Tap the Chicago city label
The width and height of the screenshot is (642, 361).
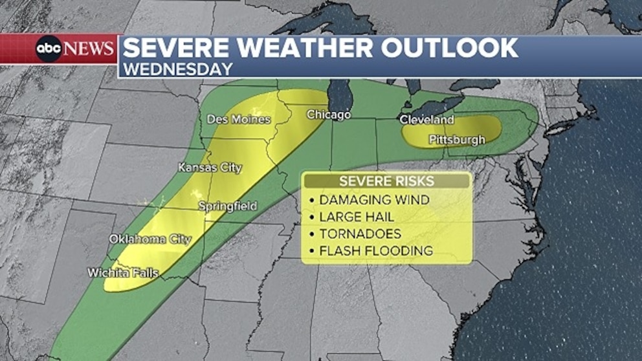[x=328, y=115]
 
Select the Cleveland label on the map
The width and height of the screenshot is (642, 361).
[x=426, y=120]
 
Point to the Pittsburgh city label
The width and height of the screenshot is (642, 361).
[x=457, y=140]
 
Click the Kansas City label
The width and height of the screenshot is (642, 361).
[x=210, y=168]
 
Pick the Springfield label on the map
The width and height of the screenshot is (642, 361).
[x=227, y=206]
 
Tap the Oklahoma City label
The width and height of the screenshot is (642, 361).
[x=150, y=239]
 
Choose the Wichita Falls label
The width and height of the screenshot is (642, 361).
[x=123, y=273]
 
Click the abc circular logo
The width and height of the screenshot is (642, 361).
[x=49, y=49]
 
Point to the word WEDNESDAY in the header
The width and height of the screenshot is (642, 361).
[x=177, y=69]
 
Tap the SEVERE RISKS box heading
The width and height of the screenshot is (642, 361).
[x=386, y=181]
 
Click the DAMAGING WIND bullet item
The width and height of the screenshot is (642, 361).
[x=373, y=200]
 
